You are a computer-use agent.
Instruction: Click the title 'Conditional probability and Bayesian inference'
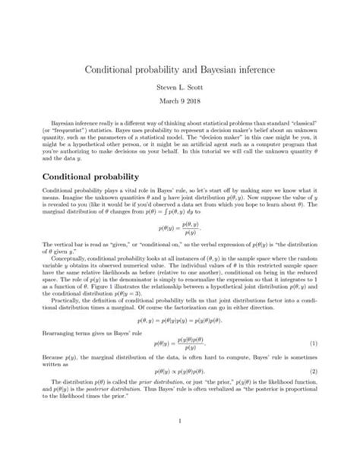pyautogui.click(x=180, y=71)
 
